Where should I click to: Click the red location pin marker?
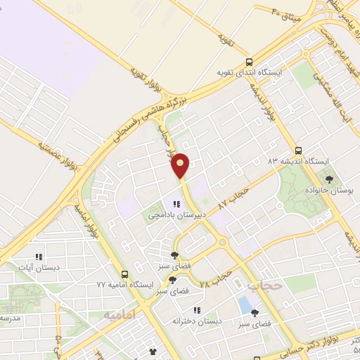(181, 165)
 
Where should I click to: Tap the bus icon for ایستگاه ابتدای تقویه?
(250, 61)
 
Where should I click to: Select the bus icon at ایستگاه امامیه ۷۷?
(124, 274)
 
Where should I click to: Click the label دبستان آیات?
(39, 268)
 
